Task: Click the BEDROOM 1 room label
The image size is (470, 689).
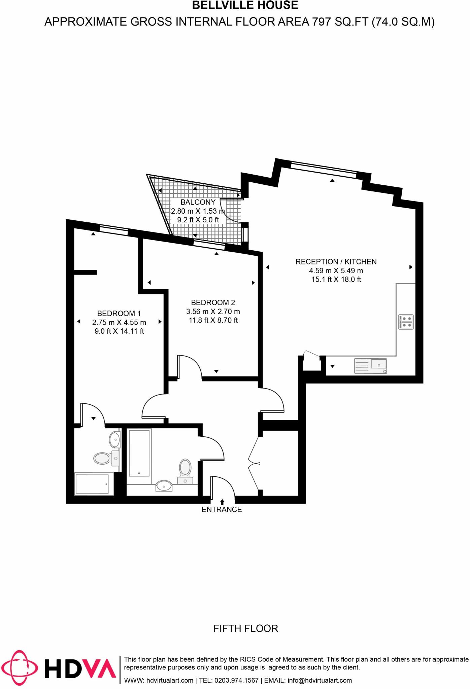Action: coord(119,314)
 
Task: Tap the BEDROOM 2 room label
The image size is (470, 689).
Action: coord(213,302)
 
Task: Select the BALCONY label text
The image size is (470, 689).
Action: coord(198,202)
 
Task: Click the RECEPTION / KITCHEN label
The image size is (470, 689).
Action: coord(336,262)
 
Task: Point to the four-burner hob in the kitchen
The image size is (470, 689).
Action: coord(406,322)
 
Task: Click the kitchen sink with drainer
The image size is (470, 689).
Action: coord(370,366)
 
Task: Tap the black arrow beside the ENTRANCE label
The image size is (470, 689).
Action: coord(222,502)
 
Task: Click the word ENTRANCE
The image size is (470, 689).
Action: coord(222,510)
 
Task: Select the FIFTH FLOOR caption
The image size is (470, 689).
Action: coord(245,628)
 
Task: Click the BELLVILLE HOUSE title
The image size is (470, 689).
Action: coord(245,5)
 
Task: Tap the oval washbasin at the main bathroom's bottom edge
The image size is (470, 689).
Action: coord(164,486)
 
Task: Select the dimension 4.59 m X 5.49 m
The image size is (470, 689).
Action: coord(336,271)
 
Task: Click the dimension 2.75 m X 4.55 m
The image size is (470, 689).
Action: coord(119,323)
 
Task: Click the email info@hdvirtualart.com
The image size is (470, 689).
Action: coord(320,680)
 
